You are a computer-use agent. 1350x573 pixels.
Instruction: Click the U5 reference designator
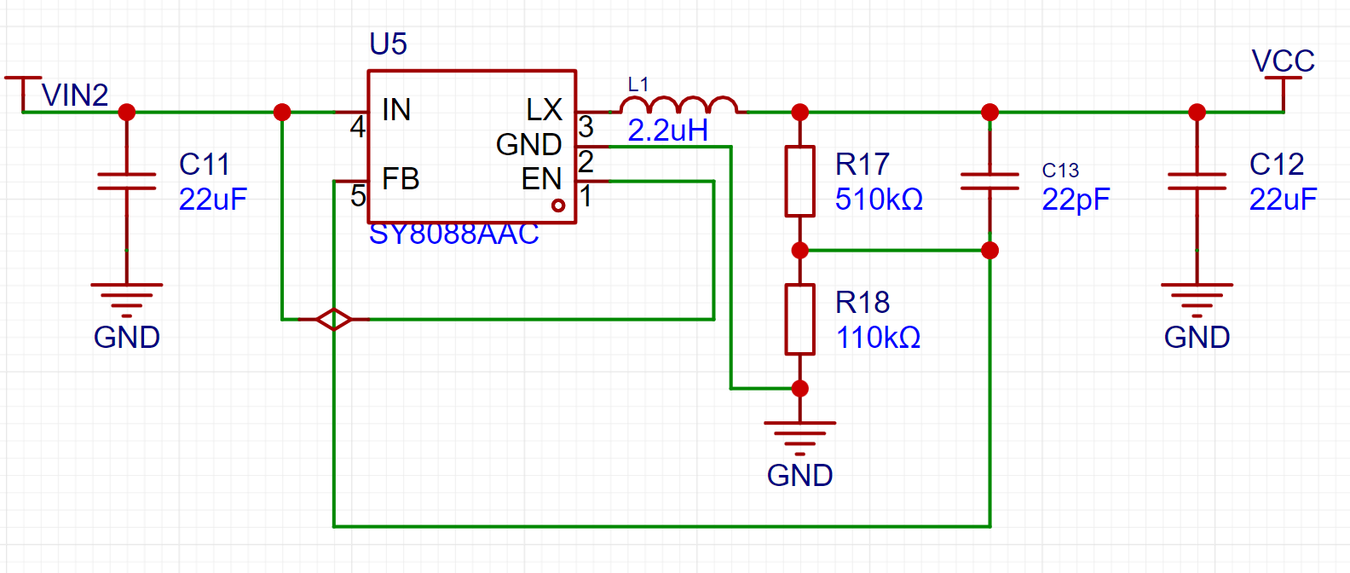point(388,44)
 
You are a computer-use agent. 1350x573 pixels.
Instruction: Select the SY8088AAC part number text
point(453,234)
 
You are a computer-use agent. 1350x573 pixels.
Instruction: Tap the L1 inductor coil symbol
point(679,105)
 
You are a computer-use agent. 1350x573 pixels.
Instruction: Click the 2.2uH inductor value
point(668,130)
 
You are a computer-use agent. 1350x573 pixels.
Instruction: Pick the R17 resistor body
point(799,181)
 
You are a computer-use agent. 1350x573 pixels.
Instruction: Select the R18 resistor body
point(799,319)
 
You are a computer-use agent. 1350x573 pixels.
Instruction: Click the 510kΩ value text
point(879,199)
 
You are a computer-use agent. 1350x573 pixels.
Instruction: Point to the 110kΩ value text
point(878,338)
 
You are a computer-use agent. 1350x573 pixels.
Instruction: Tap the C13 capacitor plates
point(989,181)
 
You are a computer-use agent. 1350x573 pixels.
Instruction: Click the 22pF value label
point(1076,200)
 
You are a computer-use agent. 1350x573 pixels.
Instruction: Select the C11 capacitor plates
point(126,181)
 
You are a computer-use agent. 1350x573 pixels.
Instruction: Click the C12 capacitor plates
point(1197,181)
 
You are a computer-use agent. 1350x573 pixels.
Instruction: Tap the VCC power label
point(1284,61)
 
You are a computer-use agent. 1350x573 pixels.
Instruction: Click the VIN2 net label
point(75,95)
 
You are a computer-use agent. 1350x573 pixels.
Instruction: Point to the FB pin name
point(401,179)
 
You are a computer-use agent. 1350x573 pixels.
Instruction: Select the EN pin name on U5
point(541,179)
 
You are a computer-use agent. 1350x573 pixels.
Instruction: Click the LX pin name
point(545,110)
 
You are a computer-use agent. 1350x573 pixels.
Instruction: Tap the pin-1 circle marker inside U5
point(558,205)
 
